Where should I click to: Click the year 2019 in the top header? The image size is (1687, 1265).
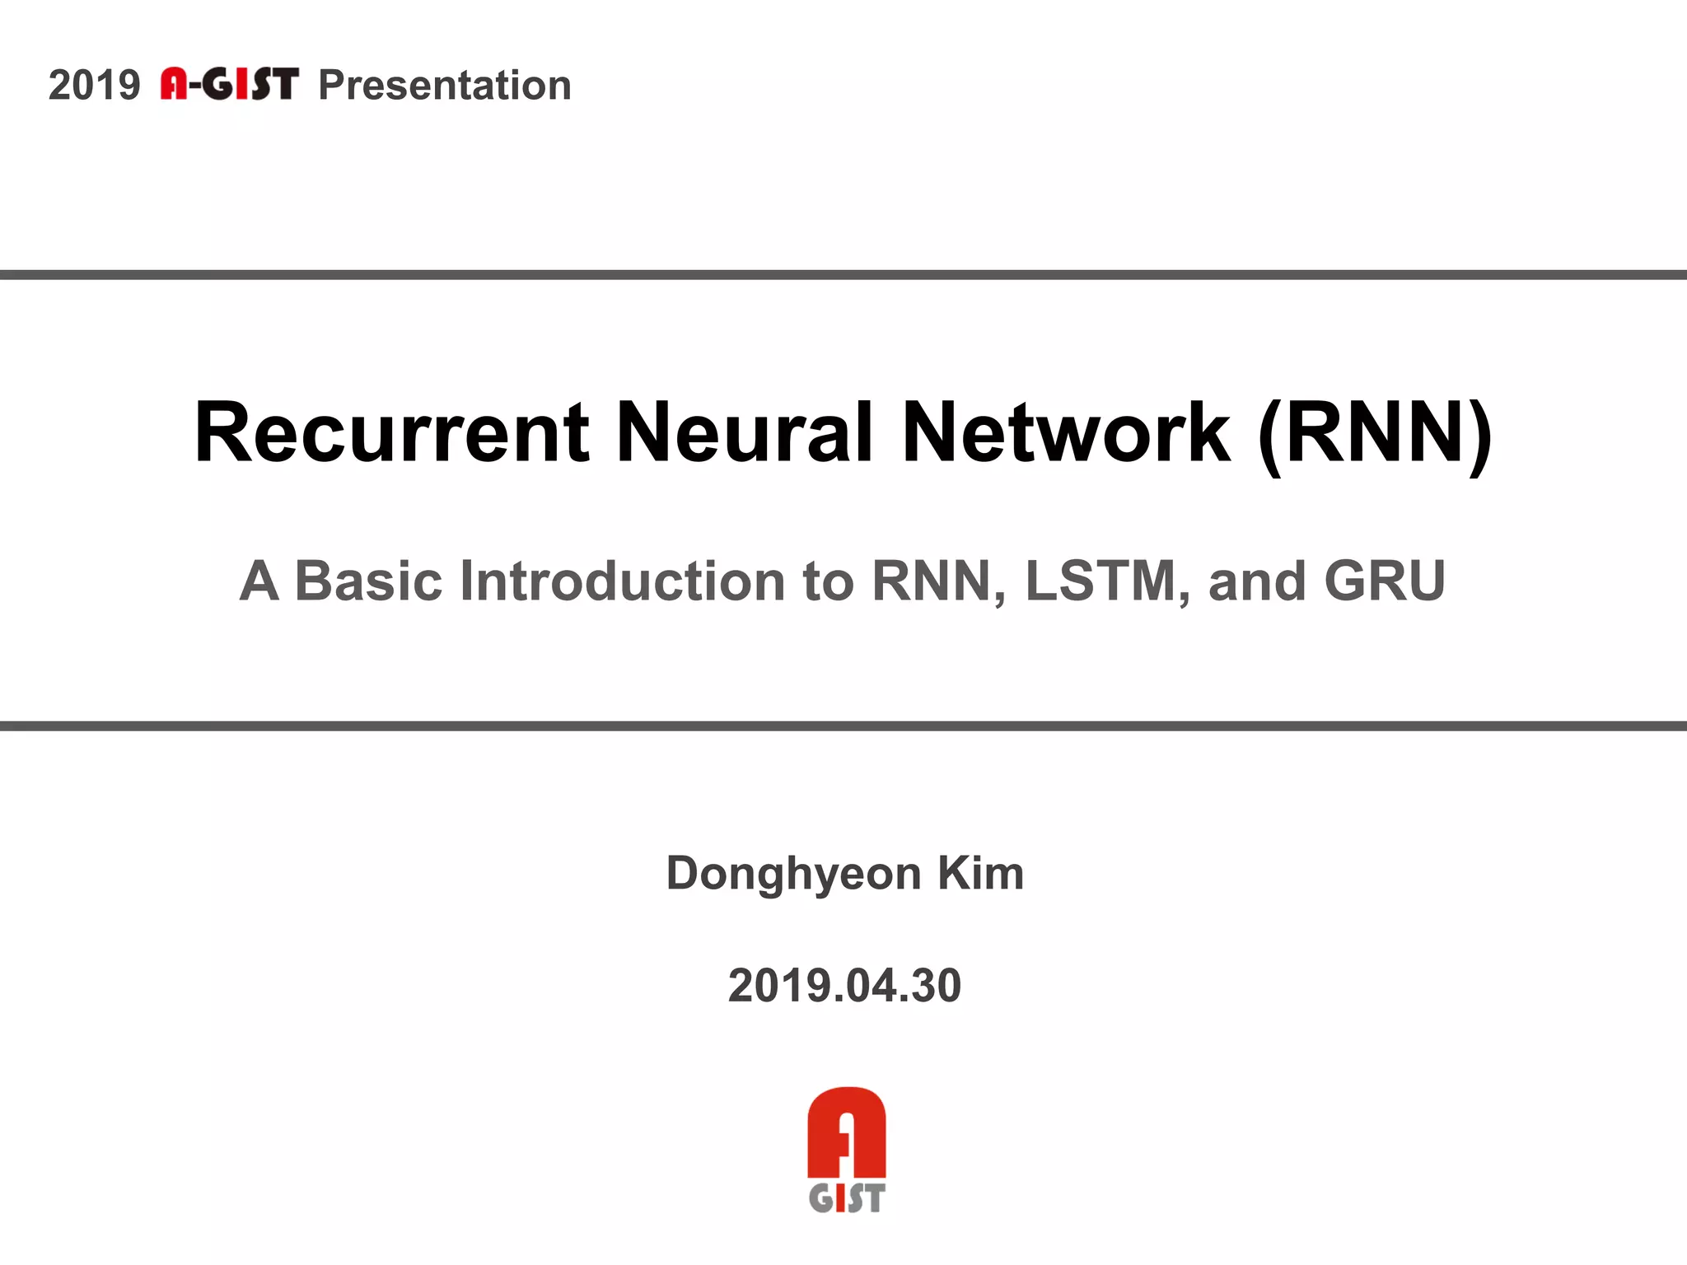coord(94,86)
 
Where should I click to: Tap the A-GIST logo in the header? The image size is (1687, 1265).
coord(229,84)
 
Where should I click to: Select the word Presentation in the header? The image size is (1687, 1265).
coord(445,86)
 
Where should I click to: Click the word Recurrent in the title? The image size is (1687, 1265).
coord(392,433)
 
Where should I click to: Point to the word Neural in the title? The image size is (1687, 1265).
coord(745,433)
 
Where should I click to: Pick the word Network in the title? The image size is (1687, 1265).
coord(1067,433)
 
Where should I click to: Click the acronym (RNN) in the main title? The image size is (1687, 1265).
coord(1375,433)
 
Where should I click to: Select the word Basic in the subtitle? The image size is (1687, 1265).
coord(368,581)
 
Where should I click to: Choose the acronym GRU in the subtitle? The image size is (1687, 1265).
coord(1385,581)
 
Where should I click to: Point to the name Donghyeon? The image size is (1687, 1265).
coord(793,874)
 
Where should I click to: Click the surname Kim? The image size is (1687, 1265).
coord(981,874)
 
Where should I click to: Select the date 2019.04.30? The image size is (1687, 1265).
coord(844,986)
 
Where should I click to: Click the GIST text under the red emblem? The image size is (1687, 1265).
coord(846,1198)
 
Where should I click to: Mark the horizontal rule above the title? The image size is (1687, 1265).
coord(843,275)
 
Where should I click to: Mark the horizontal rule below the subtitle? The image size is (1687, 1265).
coord(843,726)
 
